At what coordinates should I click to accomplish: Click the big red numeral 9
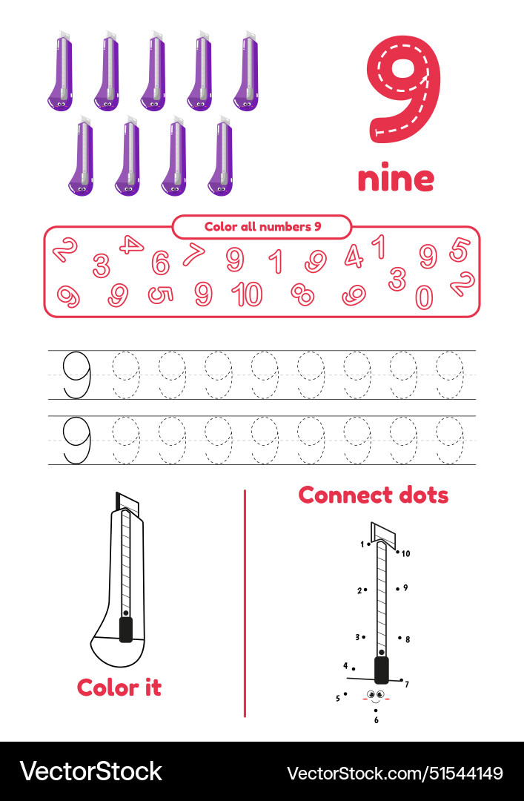pos(403,89)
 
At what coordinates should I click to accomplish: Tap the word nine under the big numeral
pos(396,178)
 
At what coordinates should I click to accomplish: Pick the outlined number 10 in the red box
pos(247,294)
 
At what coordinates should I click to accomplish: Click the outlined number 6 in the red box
pos(160,263)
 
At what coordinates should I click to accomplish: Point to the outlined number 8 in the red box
pos(302,294)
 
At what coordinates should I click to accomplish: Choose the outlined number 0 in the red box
pos(423,297)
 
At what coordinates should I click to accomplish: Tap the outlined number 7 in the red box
pos(193,254)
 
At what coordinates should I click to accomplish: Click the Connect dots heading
pos(374,495)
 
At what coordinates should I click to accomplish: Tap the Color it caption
pos(119,688)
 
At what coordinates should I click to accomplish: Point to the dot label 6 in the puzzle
pos(377,719)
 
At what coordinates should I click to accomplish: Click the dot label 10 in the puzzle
pos(405,553)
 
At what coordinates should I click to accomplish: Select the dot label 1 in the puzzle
pos(362,544)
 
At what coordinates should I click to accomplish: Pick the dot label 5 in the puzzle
pos(338,698)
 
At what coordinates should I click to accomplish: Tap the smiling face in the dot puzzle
pos(377,696)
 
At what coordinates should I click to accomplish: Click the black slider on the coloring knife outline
pos(126,630)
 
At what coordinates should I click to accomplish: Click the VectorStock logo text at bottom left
pos(90,771)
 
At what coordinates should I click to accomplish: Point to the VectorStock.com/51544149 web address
pos(395,772)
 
